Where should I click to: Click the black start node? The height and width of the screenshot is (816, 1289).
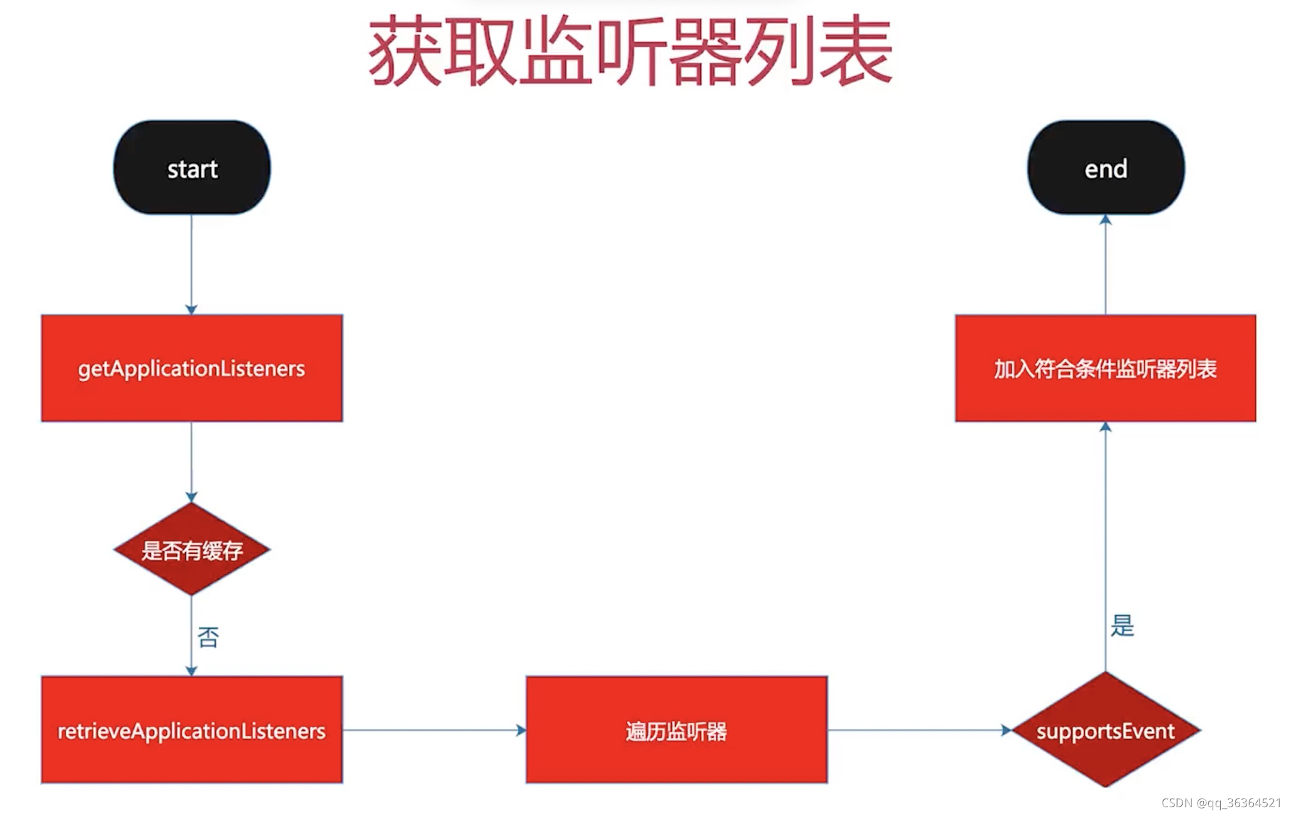(191, 168)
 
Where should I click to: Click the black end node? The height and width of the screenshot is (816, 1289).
(1106, 168)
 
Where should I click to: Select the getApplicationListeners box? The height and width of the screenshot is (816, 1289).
(191, 368)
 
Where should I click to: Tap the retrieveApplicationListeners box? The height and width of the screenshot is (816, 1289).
(191, 730)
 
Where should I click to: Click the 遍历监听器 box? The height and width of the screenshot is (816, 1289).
(676, 730)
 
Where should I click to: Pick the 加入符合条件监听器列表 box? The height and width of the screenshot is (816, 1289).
(1105, 368)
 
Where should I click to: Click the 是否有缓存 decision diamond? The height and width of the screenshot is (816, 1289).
(191, 549)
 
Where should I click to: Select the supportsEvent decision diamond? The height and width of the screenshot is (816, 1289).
(1106, 730)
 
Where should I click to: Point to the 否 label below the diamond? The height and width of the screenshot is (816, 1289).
(208, 637)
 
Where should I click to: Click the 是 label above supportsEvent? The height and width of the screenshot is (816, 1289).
(1122, 625)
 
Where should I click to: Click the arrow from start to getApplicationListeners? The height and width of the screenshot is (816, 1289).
(191, 263)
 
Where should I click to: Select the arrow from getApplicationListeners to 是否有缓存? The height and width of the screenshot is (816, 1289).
(191, 462)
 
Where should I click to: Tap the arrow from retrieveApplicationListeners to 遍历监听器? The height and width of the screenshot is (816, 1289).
(434, 730)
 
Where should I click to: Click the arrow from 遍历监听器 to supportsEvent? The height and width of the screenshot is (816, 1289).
(919, 730)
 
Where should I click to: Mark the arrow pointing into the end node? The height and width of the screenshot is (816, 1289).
(1106, 263)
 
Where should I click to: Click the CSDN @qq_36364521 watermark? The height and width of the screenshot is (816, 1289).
(1221, 803)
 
